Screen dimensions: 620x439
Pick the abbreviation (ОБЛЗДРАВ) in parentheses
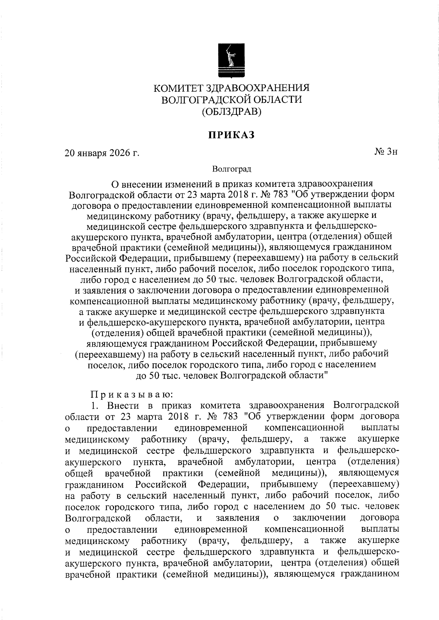(232, 111)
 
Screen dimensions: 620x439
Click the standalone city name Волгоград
(232, 169)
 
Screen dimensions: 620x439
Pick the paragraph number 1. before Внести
(94, 405)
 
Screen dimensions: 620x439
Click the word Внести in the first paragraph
(122, 405)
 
